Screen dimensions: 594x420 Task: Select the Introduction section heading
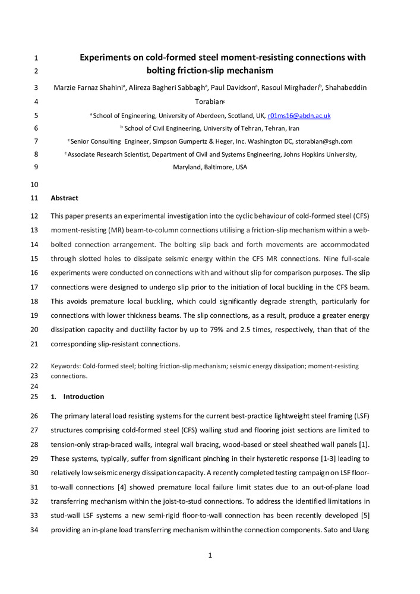coord(83,396)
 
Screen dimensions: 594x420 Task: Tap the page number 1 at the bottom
coord(210,555)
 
